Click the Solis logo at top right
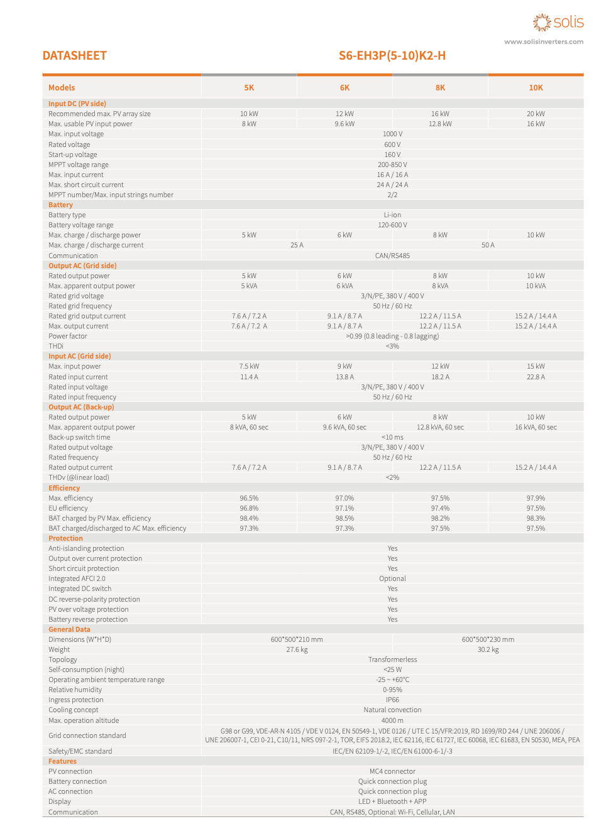pyautogui.click(x=558, y=23)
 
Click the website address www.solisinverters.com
pyautogui.click(x=544, y=42)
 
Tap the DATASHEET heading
pyautogui.click(x=74, y=56)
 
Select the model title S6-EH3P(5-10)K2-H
pyautogui.click(x=392, y=56)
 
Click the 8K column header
pyautogui.click(x=440, y=88)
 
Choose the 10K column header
pyautogui.click(x=536, y=88)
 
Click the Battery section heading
pyautogui.click(x=60, y=205)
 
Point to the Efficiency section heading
pyautogui.click(x=64, y=488)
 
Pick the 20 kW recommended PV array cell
pyautogui.click(x=536, y=114)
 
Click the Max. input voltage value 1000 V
pyautogui.click(x=392, y=134)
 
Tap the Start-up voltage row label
pyautogui.click(x=73, y=154)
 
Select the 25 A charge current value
pyautogui.click(x=297, y=245)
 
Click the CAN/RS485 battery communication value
pyautogui.click(x=392, y=256)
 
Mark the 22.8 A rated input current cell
pyautogui.click(x=536, y=377)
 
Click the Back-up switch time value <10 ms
pyautogui.click(x=392, y=437)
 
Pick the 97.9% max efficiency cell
pyautogui.click(x=536, y=498)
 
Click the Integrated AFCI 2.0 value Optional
pyautogui.click(x=392, y=578)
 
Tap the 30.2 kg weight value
pyautogui.click(x=488, y=649)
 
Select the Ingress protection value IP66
pyautogui.click(x=392, y=700)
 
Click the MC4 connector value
pyautogui.click(x=392, y=771)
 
